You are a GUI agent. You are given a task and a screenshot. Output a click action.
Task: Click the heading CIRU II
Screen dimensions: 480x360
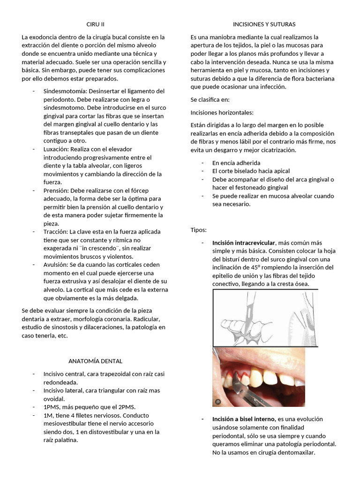96,24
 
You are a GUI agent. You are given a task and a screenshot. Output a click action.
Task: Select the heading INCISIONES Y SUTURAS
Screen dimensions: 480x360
264,24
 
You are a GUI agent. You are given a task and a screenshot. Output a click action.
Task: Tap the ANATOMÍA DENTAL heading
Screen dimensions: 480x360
95,361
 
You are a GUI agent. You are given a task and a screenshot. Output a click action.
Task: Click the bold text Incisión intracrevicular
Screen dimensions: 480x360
244,243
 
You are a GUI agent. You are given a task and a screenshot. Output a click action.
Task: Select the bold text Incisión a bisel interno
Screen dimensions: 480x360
244,419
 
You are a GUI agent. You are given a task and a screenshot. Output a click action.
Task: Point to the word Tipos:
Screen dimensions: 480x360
199,230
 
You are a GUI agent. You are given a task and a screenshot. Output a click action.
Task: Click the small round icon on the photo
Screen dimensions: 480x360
217,402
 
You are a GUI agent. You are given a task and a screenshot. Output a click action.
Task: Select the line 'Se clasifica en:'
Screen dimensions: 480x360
210,100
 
